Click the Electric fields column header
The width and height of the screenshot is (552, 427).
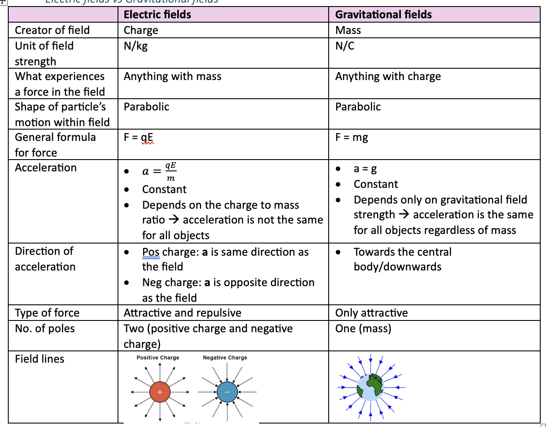coord(157,14)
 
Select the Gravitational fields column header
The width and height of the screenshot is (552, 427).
coord(383,14)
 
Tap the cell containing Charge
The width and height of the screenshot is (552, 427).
coord(141,30)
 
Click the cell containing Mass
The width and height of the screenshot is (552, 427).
coord(348,30)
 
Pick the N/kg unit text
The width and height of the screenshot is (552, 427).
coord(135,46)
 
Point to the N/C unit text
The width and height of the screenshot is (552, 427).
coord(345,46)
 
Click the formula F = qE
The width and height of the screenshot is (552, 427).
coord(138,137)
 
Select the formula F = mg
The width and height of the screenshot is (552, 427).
coord(351,137)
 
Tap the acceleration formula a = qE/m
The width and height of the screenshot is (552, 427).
coord(159,171)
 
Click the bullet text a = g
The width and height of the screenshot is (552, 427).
coord(365,169)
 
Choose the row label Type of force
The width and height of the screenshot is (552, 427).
coord(47,313)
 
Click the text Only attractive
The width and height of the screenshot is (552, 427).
coord(371,313)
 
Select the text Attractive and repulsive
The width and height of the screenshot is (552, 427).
coord(182,313)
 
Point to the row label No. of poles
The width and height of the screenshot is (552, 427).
coord(45,328)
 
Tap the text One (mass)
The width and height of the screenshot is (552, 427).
coord(363,328)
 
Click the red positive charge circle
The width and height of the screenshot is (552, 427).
coord(160,392)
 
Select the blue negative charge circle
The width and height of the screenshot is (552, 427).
coord(227,392)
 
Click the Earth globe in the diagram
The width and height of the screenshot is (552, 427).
coord(370,387)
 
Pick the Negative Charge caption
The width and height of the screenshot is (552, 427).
coord(225,357)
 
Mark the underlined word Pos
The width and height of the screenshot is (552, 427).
coord(151,252)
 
